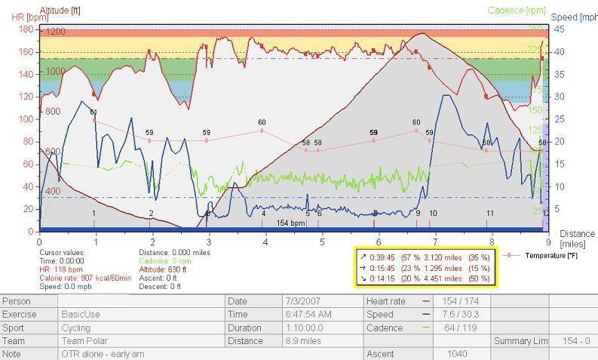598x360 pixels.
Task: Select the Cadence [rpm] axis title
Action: pyautogui.click(x=517, y=11)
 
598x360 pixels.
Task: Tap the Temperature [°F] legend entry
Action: pyautogui.click(x=550, y=256)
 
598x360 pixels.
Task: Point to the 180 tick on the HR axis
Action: pyautogui.click(x=26, y=29)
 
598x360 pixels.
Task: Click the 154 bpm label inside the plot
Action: pyautogui.click(x=290, y=223)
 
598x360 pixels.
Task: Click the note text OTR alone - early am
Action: pyautogui.click(x=103, y=353)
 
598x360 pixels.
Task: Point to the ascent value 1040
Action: pyautogui.click(x=457, y=353)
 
